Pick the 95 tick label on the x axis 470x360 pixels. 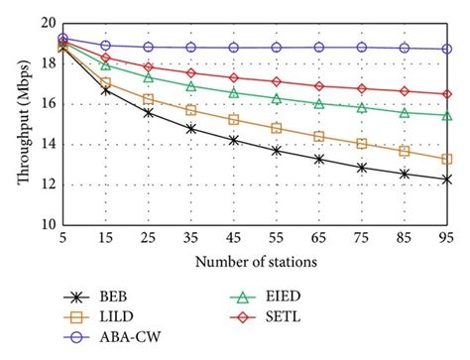pos(447,239)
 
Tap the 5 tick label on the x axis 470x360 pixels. pos(62,239)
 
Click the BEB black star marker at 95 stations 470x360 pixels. pos(447,179)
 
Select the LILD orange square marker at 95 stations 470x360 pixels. pos(447,159)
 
